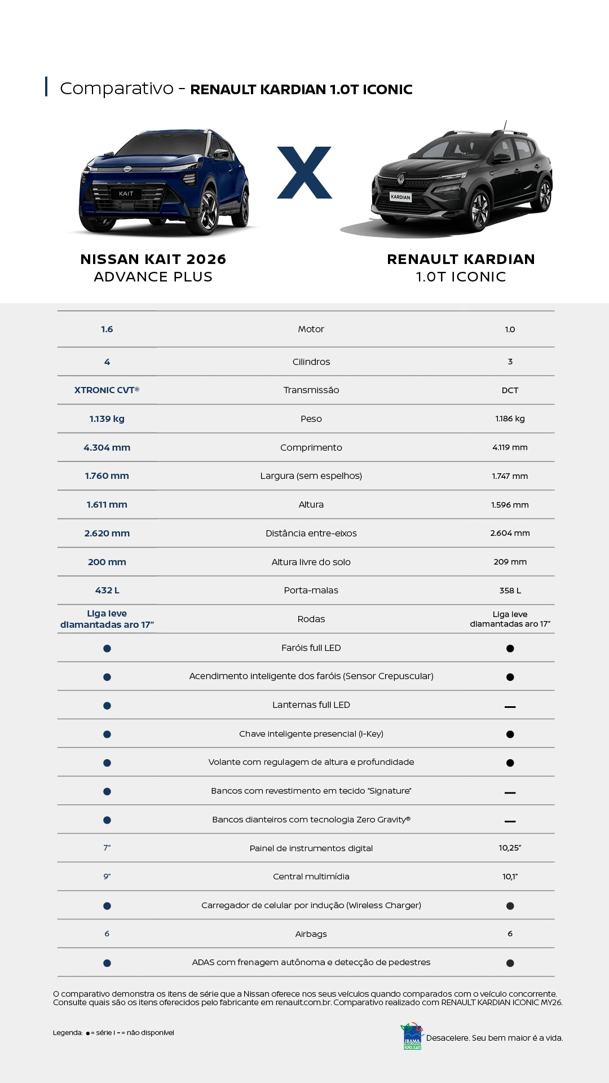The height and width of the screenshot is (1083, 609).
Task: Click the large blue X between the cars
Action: tap(304, 173)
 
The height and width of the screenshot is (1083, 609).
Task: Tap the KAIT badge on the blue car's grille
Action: tap(126, 193)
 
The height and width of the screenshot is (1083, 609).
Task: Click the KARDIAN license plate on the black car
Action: tap(400, 197)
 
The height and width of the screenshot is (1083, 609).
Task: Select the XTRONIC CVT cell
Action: tap(107, 390)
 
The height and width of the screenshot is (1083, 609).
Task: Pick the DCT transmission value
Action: tap(510, 390)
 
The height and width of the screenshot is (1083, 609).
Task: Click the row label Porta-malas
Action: tap(311, 591)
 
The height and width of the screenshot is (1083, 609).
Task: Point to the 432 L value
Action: tap(107, 591)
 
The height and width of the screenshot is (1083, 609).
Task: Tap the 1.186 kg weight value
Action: tap(510, 419)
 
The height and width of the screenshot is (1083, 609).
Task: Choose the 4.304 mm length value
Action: tap(107, 448)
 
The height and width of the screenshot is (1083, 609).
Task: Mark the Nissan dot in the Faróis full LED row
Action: tap(107, 649)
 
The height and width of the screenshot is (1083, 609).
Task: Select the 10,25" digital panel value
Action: tap(510, 848)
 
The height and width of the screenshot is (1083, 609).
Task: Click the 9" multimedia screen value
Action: tap(107, 877)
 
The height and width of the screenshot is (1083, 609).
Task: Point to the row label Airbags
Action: tap(311, 934)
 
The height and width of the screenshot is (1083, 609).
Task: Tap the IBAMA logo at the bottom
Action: tap(412, 1037)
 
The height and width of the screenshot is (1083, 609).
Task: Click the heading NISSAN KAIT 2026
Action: tap(153, 259)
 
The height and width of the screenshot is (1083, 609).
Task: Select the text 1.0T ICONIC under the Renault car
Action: tap(461, 277)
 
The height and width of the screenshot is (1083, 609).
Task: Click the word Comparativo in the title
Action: tap(117, 89)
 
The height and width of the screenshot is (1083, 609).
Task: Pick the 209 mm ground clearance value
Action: tap(510, 562)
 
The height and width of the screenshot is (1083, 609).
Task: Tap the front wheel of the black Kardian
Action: tap(480, 210)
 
